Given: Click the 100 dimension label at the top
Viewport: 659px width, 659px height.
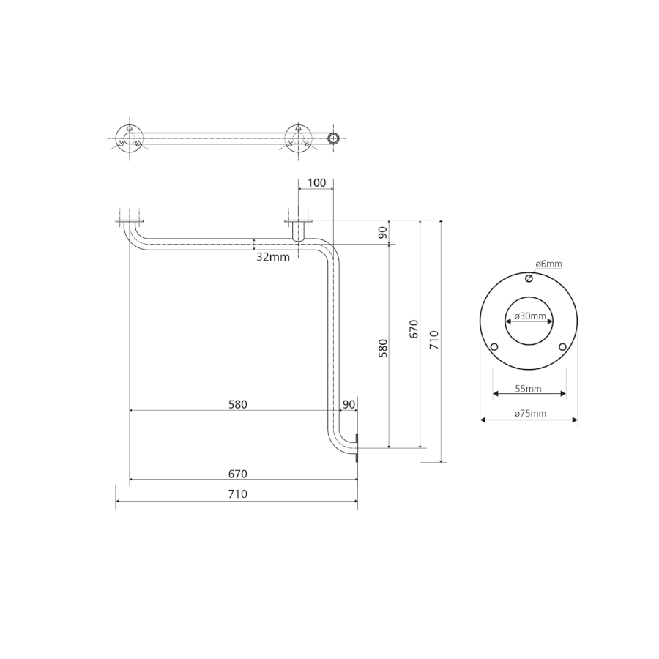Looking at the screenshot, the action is coord(316,183).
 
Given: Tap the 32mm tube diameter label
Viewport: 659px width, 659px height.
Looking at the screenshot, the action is coord(273,257).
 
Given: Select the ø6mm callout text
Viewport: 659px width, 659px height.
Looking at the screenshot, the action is coord(548,264).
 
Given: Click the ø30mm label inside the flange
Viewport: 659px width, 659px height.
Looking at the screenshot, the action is coord(530,316).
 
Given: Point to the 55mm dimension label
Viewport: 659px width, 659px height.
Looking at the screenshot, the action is coord(528,389).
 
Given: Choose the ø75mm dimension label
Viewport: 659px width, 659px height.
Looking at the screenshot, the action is coord(530,414).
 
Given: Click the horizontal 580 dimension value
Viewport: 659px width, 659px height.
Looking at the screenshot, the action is coord(238,404).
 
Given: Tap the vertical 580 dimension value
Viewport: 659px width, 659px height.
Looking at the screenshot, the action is coord(383,348).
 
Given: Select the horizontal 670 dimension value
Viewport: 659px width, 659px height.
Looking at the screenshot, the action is coord(238,474).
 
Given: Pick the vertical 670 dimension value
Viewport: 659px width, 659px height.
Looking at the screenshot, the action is coord(414,329).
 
